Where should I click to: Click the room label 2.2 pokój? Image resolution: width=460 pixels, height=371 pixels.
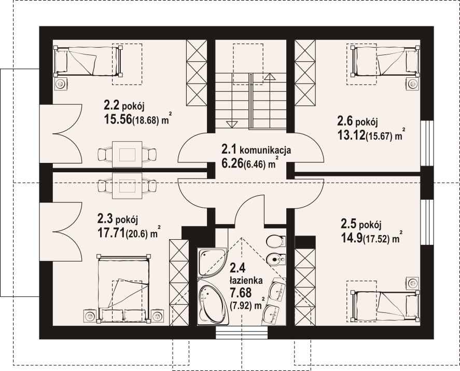(124, 105)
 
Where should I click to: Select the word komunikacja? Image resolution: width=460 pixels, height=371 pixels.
(266, 150)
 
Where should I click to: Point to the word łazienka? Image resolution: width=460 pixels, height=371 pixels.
(246, 281)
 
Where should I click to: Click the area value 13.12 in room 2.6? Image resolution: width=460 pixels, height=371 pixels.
(351, 135)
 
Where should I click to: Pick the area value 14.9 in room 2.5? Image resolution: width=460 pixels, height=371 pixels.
(352, 238)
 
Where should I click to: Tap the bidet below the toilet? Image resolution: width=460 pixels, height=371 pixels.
(276, 259)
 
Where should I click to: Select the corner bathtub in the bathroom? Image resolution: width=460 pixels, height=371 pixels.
(212, 302)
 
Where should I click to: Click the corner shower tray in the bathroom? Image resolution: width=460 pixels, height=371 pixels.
(212, 263)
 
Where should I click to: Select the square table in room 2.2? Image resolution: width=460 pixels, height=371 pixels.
(127, 154)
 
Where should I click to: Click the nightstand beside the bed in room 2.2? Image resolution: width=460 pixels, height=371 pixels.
(61, 84)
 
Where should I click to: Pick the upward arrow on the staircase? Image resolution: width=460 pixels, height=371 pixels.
(270, 77)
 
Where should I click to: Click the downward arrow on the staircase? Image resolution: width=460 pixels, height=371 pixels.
(232, 125)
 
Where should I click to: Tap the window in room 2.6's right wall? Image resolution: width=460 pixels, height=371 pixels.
(427, 143)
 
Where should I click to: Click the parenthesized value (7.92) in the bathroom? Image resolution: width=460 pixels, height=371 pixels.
(241, 306)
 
